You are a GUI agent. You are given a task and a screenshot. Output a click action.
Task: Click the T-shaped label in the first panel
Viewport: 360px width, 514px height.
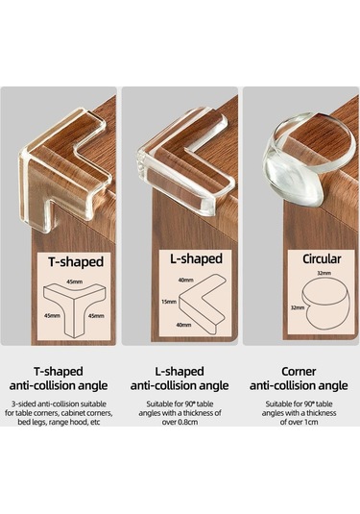click(76, 261)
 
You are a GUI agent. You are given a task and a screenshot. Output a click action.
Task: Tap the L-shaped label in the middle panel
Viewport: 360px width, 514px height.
click(196, 259)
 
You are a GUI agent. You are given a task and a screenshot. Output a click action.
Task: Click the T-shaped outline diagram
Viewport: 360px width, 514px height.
click(74, 311)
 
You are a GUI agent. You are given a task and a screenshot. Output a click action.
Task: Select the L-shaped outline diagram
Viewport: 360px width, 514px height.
click(201, 305)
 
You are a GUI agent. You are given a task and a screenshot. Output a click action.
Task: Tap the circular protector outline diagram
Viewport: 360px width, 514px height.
click(326, 305)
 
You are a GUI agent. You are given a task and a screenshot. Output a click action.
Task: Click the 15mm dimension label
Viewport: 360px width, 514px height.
click(169, 302)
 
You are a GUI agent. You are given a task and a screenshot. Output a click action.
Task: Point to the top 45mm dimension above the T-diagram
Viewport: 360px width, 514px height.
click(74, 281)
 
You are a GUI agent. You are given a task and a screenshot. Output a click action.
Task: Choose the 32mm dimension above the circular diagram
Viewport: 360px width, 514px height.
click(324, 273)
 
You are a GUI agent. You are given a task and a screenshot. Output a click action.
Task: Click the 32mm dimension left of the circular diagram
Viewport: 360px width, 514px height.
click(298, 307)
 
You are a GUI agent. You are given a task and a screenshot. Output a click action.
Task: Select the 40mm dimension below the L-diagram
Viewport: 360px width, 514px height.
click(183, 325)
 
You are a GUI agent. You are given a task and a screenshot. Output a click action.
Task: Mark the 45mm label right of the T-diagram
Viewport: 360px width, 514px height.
click(96, 316)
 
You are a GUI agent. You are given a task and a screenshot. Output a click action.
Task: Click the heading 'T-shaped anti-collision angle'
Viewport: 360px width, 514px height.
click(59, 379)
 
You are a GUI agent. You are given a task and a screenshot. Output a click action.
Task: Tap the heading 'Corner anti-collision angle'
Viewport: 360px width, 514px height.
click(299, 379)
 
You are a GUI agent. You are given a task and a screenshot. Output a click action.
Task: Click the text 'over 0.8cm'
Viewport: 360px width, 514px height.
click(180, 422)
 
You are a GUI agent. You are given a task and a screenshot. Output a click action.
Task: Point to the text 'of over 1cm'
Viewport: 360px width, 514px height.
click(299, 422)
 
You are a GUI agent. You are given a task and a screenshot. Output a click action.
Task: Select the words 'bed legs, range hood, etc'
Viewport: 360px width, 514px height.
click(59, 422)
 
